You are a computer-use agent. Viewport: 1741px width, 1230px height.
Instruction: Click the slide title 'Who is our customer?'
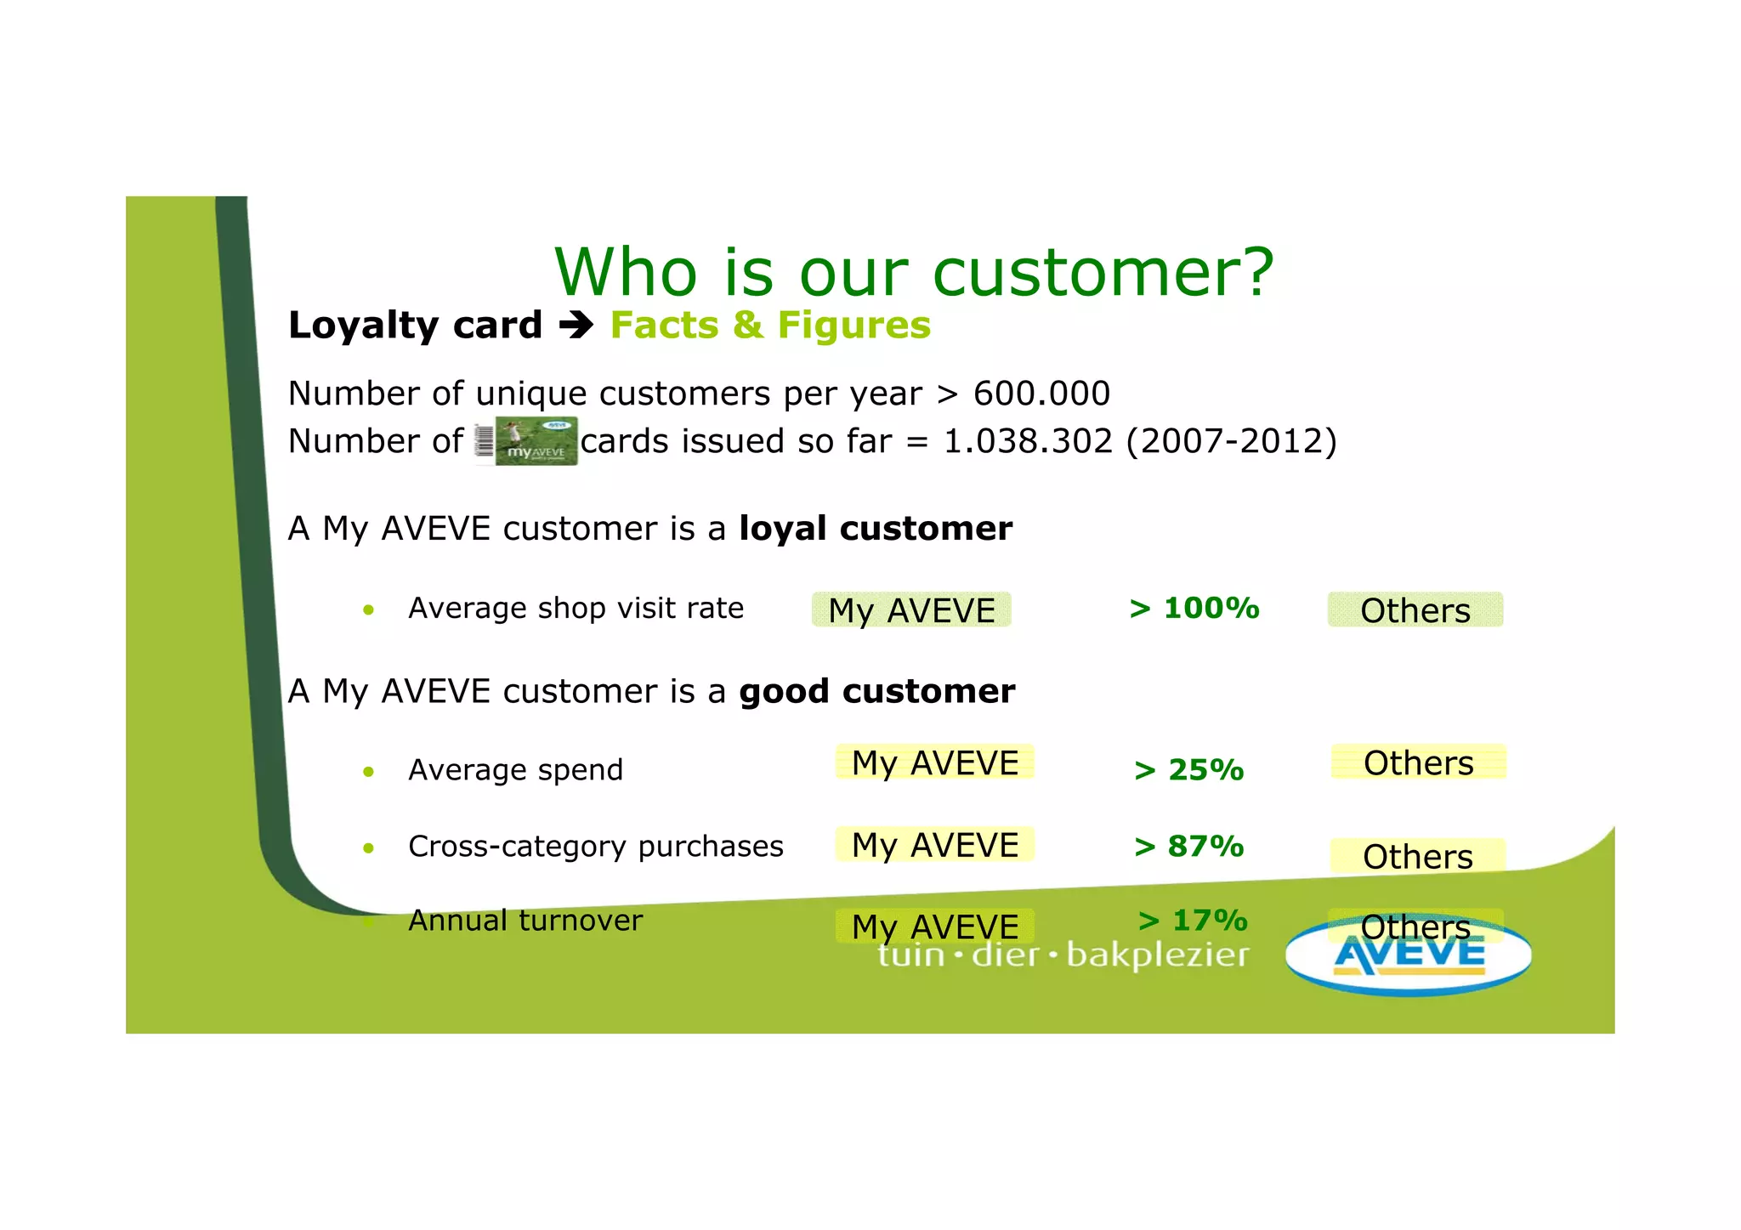914,272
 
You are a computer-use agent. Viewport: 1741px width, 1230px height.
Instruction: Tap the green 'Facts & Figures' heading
770,326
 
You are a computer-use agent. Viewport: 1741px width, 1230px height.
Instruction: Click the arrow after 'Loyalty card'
576,326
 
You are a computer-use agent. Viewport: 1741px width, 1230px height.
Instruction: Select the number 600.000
1041,394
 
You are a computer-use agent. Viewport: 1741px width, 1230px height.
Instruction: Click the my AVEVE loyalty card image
527,441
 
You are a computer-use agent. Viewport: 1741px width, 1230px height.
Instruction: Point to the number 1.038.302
1028,441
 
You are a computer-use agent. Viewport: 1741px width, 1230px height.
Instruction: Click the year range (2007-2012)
1232,441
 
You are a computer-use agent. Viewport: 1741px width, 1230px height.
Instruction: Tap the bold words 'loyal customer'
876,529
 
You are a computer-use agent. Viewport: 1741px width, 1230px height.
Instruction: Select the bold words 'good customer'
876,692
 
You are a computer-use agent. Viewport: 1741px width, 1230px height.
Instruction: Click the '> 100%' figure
1194,609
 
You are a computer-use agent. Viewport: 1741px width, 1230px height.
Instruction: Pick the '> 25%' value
1188,770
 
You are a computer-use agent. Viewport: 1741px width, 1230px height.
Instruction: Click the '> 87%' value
1188,847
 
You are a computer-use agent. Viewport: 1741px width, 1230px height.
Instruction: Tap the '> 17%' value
1193,921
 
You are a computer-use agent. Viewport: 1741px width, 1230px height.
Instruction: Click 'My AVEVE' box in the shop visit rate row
911,610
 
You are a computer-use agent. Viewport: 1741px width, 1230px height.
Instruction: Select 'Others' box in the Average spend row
1418,762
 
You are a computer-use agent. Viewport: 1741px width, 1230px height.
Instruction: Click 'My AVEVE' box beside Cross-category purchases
935,845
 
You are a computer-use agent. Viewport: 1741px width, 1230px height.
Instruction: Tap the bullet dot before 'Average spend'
368,772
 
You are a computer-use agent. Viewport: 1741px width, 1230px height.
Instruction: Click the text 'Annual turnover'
525,921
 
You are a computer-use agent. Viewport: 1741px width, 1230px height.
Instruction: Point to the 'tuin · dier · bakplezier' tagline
1063,955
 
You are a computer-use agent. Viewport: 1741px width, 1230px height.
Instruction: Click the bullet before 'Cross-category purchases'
368,848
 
